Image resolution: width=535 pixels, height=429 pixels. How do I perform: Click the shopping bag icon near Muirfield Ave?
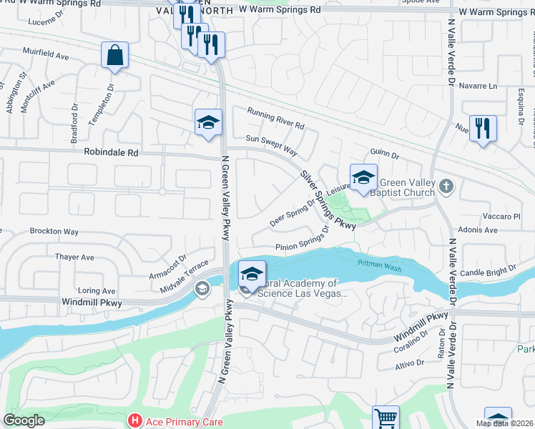[x=114, y=56]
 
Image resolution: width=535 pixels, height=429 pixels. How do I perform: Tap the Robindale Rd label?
[x=111, y=152]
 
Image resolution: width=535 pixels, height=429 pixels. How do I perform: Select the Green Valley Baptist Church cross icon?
[x=446, y=187]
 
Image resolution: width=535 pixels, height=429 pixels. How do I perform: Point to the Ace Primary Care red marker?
[x=133, y=421]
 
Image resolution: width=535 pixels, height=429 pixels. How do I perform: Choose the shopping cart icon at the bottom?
[x=386, y=418]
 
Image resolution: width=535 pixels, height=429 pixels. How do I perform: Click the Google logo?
[x=24, y=420]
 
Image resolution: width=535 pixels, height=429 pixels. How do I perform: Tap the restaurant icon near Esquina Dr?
[x=484, y=129]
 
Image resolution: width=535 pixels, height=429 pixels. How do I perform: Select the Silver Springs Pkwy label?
[x=328, y=199]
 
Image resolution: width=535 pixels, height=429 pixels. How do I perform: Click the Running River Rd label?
[x=276, y=118]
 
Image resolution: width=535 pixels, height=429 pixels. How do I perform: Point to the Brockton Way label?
[x=54, y=232]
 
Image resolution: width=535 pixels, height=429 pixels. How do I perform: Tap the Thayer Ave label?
[x=75, y=257]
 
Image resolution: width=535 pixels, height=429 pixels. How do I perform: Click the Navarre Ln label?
[x=478, y=86]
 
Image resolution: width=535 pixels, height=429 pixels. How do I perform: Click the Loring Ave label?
[x=97, y=291]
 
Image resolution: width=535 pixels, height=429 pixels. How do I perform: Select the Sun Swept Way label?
[x=271, y=145]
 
